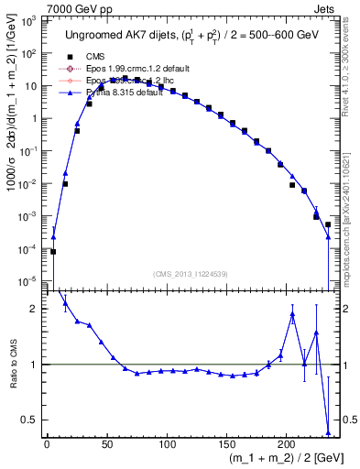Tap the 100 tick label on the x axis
coord(167,443)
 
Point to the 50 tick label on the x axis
coord(106,443)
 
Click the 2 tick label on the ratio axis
coord(35,310)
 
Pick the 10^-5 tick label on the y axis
coord(29,280)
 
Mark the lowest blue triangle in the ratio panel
coord(328,432)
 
